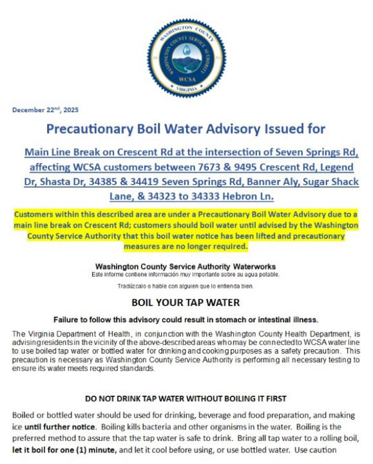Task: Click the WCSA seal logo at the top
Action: (x=186, y=59)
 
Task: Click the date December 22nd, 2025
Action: (x=44, y=110)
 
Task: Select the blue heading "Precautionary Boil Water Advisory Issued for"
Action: (x=186, y=129)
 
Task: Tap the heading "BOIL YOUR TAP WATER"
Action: (x=186, y=302)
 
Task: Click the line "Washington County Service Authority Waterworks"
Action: (x=186, y=266)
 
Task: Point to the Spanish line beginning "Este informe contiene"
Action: (x=186, y=275)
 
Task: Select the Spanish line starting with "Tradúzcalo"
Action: (x=186, y=285)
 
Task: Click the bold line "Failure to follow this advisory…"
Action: (x=186, y=320)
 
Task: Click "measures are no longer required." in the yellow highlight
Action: (x=186, y=247)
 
